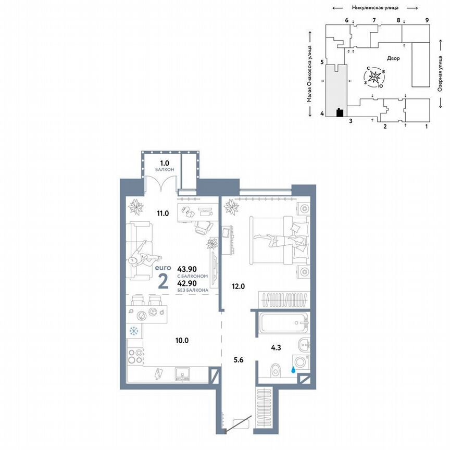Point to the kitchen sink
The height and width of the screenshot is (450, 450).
182,373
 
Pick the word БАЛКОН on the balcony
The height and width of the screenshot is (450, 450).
164,170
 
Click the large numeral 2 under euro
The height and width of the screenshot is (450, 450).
162,281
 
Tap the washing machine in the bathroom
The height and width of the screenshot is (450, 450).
301,362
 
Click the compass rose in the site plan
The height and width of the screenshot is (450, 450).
376,77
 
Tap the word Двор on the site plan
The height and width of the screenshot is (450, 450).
393,58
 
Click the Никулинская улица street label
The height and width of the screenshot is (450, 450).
375,7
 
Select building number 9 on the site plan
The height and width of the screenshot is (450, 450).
427,20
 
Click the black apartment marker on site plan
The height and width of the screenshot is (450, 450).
340,112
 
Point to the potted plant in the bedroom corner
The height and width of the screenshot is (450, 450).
231,207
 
